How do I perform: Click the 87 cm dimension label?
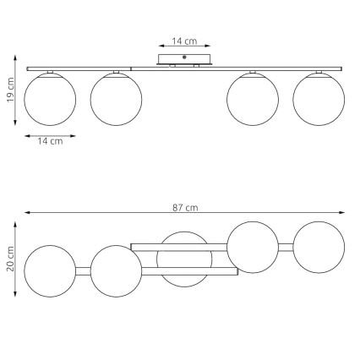185,208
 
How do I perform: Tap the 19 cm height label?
10,90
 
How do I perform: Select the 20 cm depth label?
10,259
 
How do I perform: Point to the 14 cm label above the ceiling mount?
184,41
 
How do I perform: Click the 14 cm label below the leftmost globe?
50,141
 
